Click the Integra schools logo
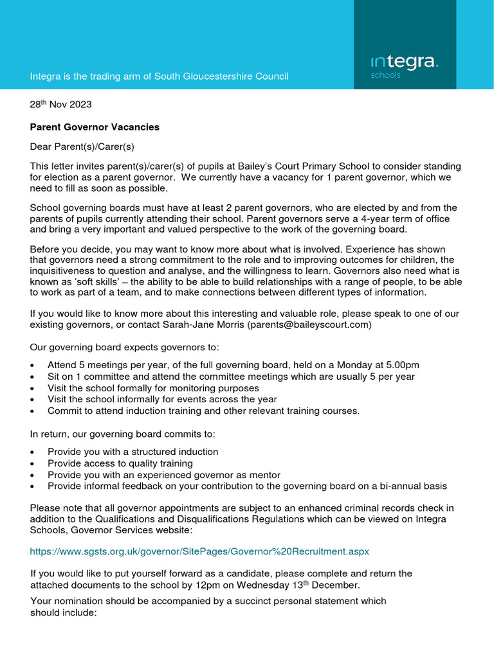point(405,66)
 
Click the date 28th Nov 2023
point(64,104)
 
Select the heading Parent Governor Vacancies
point(95,127)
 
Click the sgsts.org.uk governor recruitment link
point(199,551)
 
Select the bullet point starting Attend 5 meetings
point(233,365)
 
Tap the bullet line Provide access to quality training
point(120,463)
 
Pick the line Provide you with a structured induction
point(133,452)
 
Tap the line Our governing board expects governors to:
point(124,348)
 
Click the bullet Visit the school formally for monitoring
point(153,388)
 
